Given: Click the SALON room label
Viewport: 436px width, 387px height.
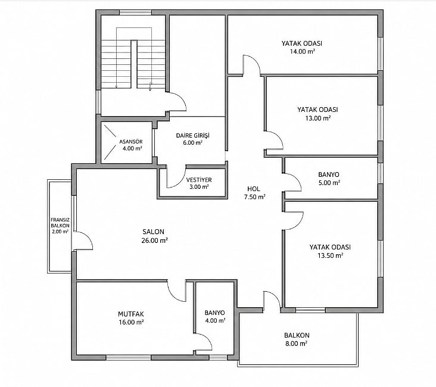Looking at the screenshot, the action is pyautogui.click(x=153, y=232).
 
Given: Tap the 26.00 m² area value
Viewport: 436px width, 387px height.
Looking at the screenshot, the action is pyautogui.click(x=154, y=241).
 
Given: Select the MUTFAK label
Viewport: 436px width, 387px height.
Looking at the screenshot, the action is pyautogui.click(x=131, y=314).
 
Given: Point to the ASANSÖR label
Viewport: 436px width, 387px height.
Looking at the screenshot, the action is pyautogui.click(x=131, y=142).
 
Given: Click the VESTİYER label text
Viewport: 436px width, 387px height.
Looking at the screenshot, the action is pyautogui.click(x=199, y=180).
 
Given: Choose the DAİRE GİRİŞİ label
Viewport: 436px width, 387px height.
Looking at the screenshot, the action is pyautogui.click(x=193, y=135).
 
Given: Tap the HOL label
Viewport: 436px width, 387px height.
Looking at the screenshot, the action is pyautogui.click(x=254, y=189).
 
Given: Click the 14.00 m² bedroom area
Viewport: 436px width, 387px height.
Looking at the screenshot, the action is pyautogui.click(x=303, y=51).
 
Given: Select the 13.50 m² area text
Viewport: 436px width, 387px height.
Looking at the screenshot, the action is pyautogui.click(x=331, y=255).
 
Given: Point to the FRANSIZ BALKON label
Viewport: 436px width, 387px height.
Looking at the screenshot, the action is pyautogui.click(x=60, y=223).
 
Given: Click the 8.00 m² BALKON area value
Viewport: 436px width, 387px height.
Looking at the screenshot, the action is pyautogui.click(x=297, y=344).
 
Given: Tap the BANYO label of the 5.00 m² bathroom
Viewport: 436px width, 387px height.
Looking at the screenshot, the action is pyautogui.click(x=329, y=174).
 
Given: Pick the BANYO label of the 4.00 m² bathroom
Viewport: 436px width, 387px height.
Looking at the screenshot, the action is pyautogui.click(x=214, y=313).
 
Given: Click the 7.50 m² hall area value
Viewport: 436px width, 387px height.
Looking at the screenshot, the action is pyautogui.click(x=255, y=197).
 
